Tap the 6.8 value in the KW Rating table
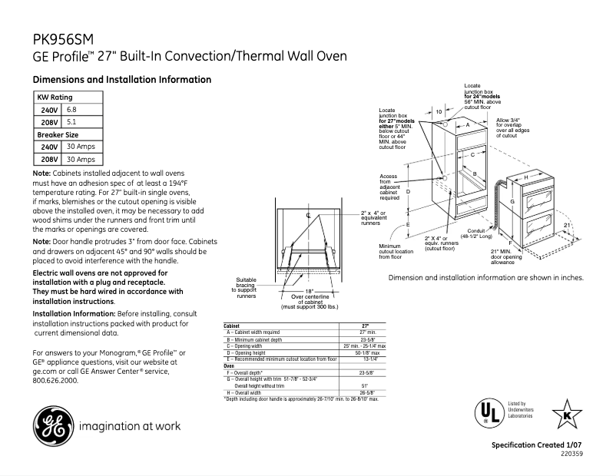click(x=71, y=110)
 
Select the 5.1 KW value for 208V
click(x=71, y=122)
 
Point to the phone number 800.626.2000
click(x=56, y=381)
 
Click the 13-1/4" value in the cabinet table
click(x=369, y=359)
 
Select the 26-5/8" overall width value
click(x=366, y=392)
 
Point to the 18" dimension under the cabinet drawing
click(x=309, y=291)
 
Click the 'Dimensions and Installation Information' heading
click(x=121, y=80)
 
